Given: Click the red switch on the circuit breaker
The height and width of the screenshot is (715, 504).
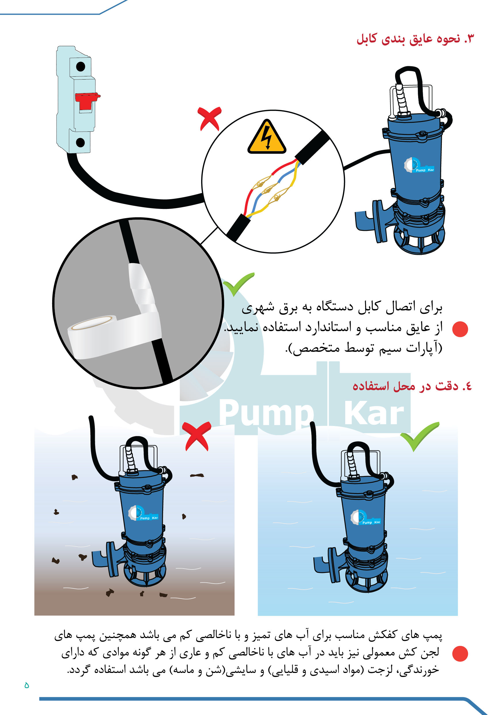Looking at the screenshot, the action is click(x=87, y=101).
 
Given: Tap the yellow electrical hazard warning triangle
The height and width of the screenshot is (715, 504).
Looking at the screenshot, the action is click(x=267, y=137).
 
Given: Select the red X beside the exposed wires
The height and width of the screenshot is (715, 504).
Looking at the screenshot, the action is click(x=209, y=118).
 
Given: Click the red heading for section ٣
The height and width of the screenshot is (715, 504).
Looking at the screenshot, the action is click(x=415, y=39).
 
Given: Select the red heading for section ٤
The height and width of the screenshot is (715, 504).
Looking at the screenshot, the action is click(x=412, y=386).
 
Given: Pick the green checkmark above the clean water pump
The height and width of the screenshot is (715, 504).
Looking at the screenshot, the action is click(x=419, y=436).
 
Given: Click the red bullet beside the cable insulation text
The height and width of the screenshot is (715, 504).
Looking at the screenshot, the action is click(x=460, y=329).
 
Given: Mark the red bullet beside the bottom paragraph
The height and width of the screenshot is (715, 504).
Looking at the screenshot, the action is click(x=460, y=654).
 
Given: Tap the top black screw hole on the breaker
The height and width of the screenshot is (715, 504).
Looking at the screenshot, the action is click(x=81, y=67).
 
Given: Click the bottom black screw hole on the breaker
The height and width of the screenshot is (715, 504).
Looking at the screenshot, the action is click(x=80, y=143).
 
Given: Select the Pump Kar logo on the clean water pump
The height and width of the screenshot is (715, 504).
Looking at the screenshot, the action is click(x=366, y=517).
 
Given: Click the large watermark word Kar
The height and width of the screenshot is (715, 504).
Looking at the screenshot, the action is click(x=374, y=413).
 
